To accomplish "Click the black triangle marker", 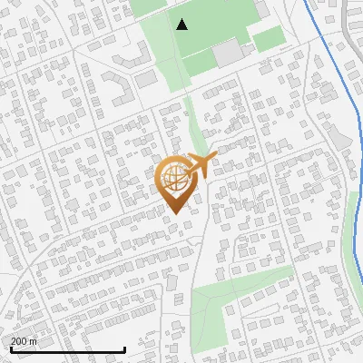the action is (x=182, y=25).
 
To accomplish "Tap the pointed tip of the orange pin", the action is (x=173, y=213).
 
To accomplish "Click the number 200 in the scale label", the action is (x=18, y=341).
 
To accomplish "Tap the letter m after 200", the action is (x=34, y=341).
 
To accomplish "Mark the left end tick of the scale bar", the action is (x=10, y=348).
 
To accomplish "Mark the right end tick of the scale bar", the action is (x=123, y=348).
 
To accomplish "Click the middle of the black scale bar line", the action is (x=67, y=349).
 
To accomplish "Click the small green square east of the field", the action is (x=268, y=39).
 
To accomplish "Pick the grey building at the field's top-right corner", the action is (x=260, y=10).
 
